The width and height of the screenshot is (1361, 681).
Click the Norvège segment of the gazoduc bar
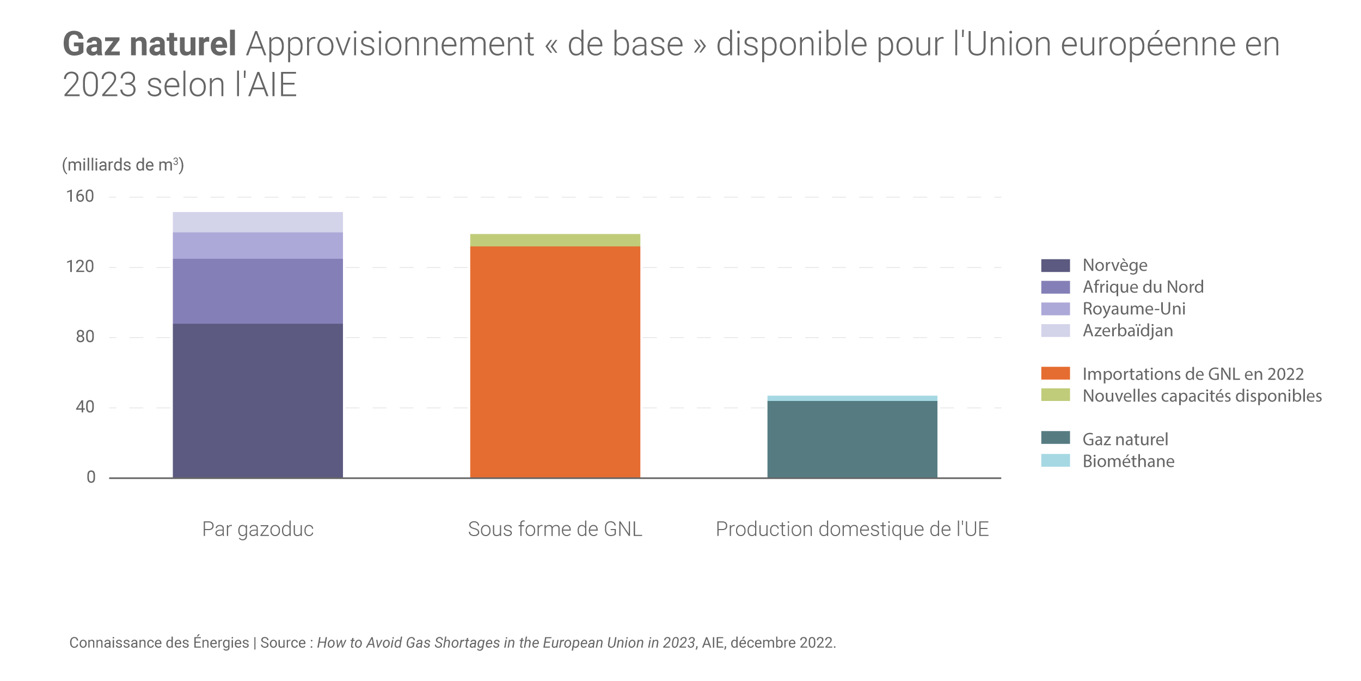point(258,400)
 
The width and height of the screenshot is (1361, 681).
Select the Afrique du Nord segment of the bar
point(258,291)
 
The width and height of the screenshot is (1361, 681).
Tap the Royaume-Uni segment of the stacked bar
point(258,245)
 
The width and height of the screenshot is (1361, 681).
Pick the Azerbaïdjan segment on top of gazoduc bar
point(258,222)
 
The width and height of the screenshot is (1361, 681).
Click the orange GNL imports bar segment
point(555,362)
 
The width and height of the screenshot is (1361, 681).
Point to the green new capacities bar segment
point(555,240)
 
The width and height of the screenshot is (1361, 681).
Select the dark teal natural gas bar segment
point(852,439)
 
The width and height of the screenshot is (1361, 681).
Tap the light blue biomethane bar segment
point(852,398)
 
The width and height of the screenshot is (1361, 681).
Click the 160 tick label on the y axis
point(80,196)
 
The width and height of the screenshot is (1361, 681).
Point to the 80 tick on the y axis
point(85,337)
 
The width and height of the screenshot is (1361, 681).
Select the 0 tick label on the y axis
point(91,477)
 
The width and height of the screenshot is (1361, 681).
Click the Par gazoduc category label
point(258,529)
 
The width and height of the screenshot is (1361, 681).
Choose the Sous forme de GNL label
point(555,529)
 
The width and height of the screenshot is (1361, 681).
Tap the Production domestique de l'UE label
point(852,529)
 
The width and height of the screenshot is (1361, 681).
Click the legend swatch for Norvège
point(1055,265)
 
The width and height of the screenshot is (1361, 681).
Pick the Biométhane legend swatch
point(1055,461)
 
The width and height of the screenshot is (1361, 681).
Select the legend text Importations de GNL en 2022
point(1193,374)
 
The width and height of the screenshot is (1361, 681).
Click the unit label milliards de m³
point(123,165)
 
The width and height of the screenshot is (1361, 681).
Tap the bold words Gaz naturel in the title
point(149,44)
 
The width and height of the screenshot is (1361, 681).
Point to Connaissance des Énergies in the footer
point(159,643)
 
